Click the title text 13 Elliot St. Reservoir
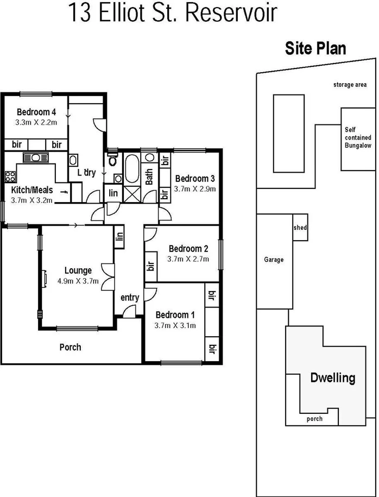[x=173, y=12]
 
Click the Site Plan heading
[x=315, y=48]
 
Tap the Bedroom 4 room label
[x=36, y=112]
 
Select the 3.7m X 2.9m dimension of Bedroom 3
[x=195, y=189]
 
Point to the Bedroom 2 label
[x=188, y=249]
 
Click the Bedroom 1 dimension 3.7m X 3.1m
[x=175, y=325]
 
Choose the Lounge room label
[x=78, y=270]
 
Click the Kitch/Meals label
[x=32, y=190]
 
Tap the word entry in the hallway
[x=130, y=297]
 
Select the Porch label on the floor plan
[x=70, y=347]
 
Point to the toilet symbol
[x=112, y=160]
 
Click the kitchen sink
[x=36, y=158]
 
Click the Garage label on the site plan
[x=274, y=260]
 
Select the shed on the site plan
[x=300, y=228]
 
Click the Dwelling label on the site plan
[x=332, y=378]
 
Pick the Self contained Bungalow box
[x=358, y=138]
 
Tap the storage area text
[x=350, y=85]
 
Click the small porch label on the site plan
[x=314, y=419]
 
